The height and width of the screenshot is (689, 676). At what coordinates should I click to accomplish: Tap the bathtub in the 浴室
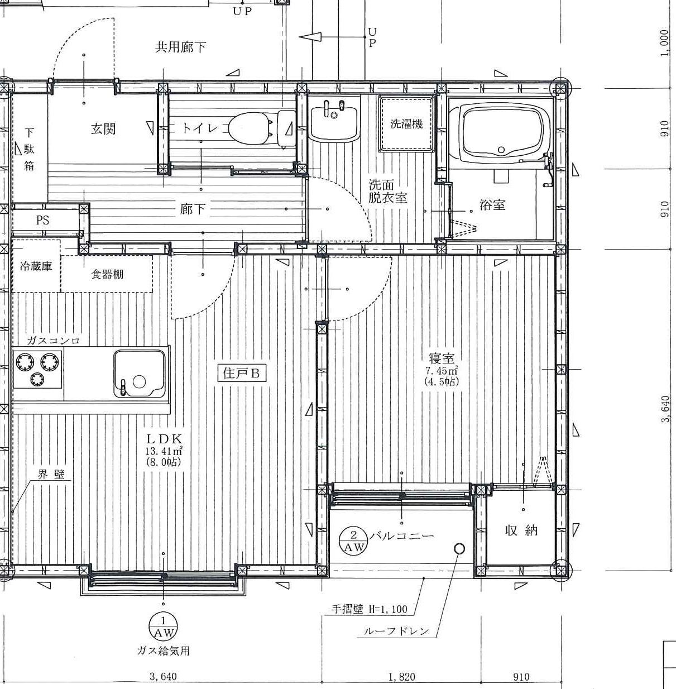[x=501, y=130]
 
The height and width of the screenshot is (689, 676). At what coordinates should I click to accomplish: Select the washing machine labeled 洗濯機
[x=407, y=124]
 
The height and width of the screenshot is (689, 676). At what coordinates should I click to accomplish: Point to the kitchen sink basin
[x=140, y=374]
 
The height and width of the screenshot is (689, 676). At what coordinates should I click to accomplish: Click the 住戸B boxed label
[x=242, y=374]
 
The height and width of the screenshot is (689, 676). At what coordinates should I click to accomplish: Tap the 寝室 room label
[x=442, y=358]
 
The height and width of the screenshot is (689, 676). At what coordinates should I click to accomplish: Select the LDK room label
[x=165, y=438]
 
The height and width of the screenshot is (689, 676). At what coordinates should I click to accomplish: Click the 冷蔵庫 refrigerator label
[x=36, y=266]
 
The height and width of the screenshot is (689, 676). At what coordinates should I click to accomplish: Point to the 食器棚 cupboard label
[x=107, y=274]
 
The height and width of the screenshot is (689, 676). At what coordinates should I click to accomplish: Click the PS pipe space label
[x=42, y=220]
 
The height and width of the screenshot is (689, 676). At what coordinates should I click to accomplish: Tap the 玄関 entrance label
[x=103, y=129]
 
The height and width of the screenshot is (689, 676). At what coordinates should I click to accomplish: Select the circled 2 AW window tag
[x=353, y=540]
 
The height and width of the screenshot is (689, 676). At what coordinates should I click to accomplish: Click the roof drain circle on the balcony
[x=459, y=548]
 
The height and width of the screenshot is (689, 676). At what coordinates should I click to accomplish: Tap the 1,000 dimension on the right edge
[x=664, y=43]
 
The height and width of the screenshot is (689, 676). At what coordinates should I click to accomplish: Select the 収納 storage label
[x=521, y=530]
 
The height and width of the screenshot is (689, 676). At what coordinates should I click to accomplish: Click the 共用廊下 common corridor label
[x=180, y=47]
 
